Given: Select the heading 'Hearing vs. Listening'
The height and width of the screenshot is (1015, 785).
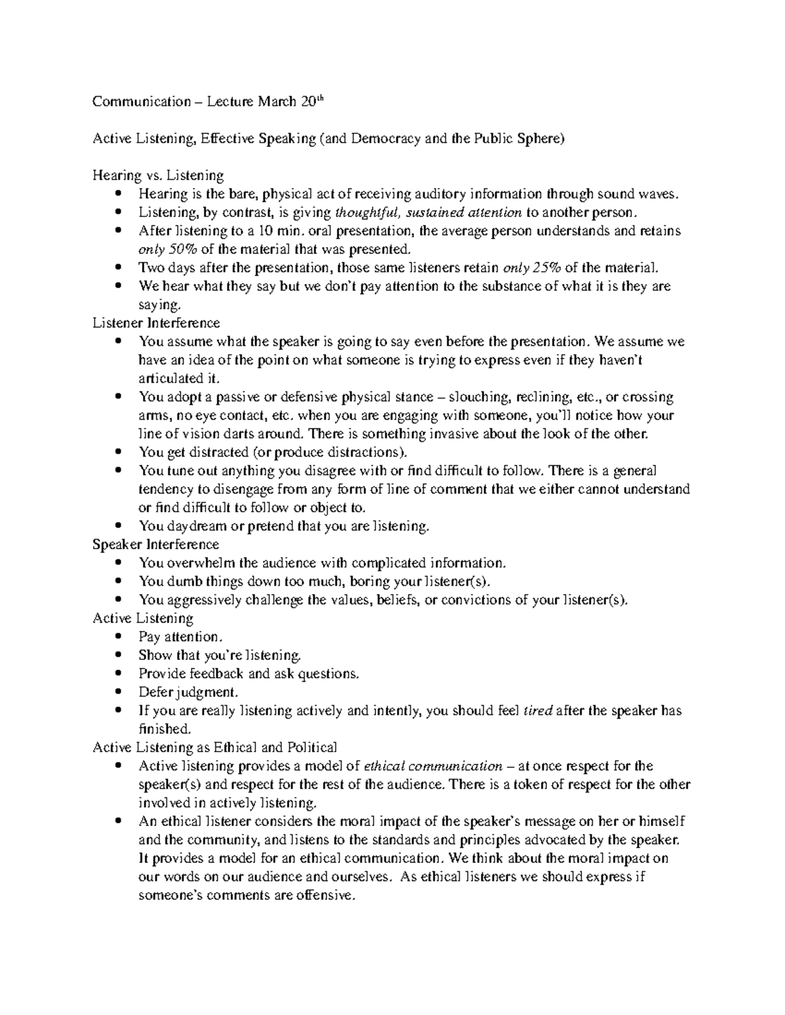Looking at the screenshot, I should [158, 175].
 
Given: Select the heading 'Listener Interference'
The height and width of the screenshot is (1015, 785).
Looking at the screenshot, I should [156, 323].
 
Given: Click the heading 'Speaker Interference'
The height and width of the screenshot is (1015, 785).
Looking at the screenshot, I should [156, 544].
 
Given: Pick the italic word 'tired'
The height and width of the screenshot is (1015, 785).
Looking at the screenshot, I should [538, 710].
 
